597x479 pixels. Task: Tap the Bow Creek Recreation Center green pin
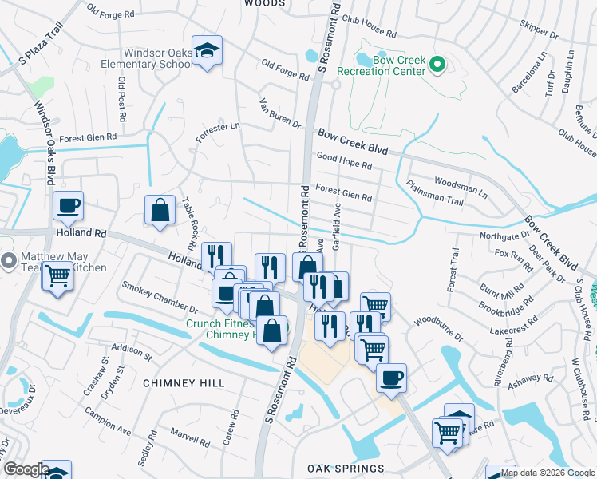437,65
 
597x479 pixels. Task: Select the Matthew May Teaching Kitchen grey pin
10,261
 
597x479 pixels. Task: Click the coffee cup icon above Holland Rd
69,206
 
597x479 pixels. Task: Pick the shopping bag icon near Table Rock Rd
160,211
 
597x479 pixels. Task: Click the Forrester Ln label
218,132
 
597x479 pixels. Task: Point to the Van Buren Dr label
280,113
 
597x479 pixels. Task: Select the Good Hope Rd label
345,162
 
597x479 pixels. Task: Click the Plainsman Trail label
435,192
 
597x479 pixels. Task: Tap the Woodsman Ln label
461,187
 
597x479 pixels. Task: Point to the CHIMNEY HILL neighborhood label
184,383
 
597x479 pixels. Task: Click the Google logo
26,470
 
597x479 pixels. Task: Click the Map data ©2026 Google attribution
548,473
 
